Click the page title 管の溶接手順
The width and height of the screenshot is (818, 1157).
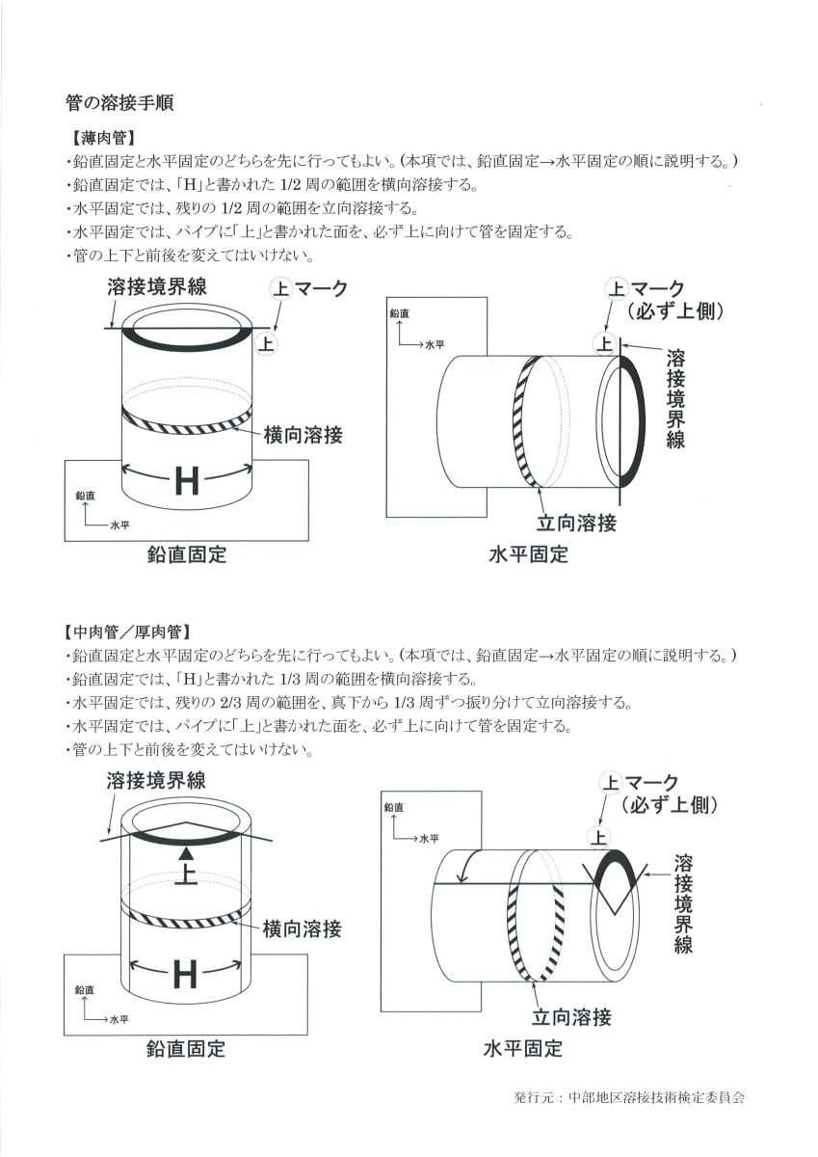click(119, 102)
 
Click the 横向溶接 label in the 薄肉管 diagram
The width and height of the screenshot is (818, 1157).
click(303, 435)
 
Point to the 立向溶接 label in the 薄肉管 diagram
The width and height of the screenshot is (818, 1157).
click(576, 523)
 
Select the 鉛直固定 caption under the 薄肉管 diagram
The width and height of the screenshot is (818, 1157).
click(187, 554)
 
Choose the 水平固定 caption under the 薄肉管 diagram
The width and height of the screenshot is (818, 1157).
click(528, 554)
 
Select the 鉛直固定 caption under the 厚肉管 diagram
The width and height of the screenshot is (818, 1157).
click(186, 1048)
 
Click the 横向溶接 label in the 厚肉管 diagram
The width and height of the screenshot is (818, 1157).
click(303, 929)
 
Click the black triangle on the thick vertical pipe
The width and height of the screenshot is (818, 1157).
click(187, 853)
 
